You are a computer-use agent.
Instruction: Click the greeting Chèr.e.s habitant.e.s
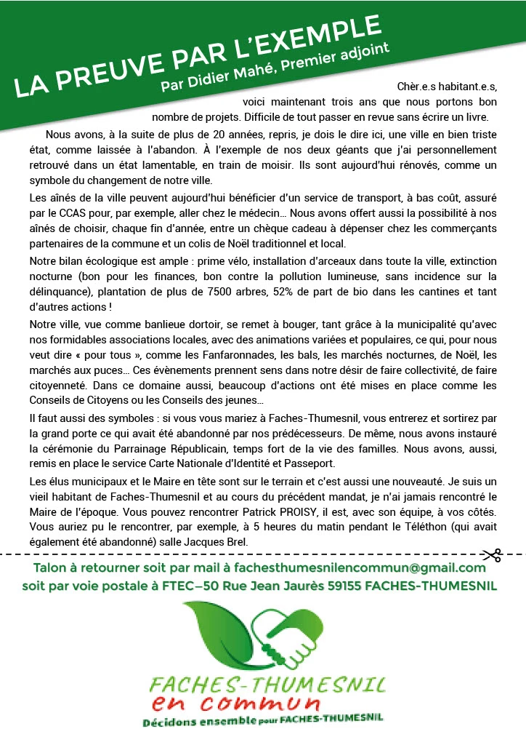click(448, 86)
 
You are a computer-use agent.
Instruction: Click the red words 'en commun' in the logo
click(236, 702)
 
